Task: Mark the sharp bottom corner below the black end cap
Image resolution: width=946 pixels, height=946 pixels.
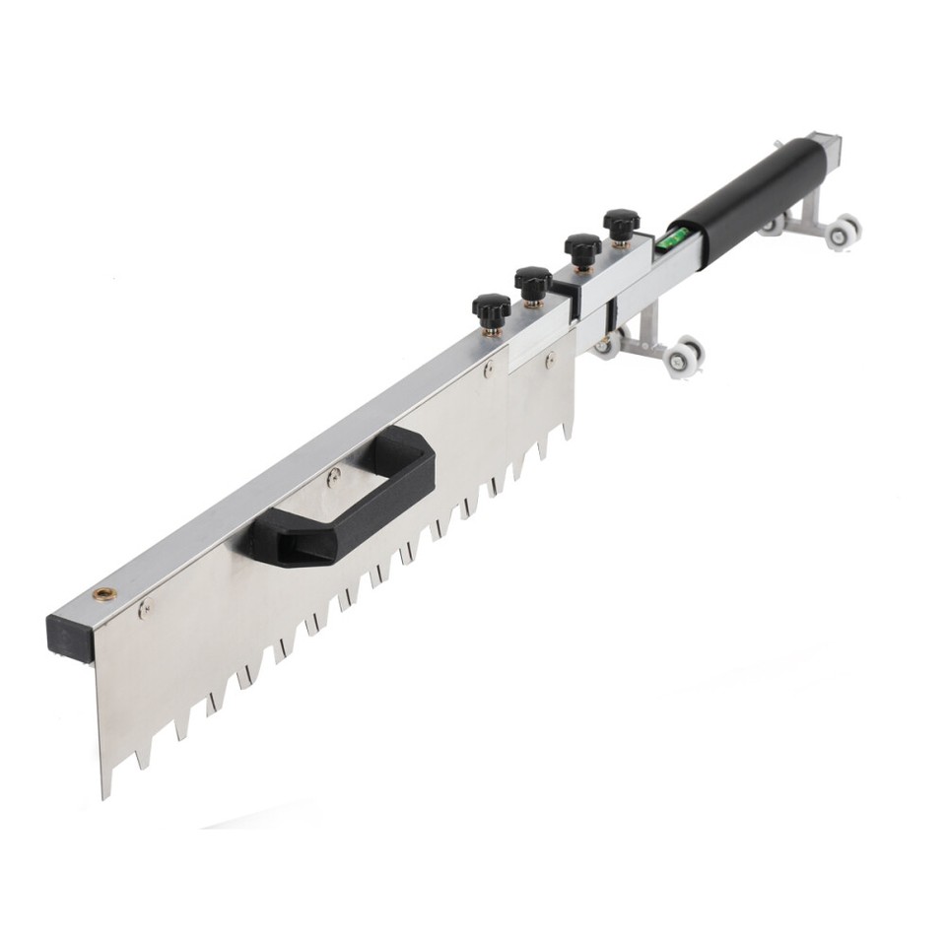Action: point(105,793)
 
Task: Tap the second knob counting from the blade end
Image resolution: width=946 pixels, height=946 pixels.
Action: point(532,284)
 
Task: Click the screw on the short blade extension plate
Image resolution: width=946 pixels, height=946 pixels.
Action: point(548,363)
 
